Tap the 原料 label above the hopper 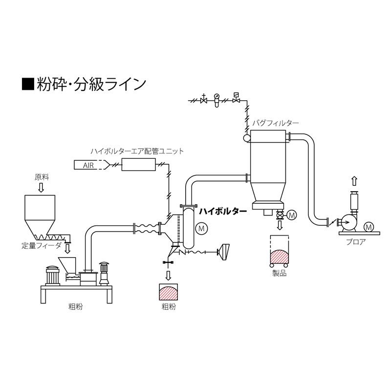[41, 177]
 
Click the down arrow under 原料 [41, 188]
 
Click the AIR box [88, 165]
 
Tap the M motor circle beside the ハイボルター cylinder [201, 228]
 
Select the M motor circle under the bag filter [292, 215]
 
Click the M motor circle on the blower [369, 226]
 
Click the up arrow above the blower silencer [355, 181]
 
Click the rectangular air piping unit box [138, 165]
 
